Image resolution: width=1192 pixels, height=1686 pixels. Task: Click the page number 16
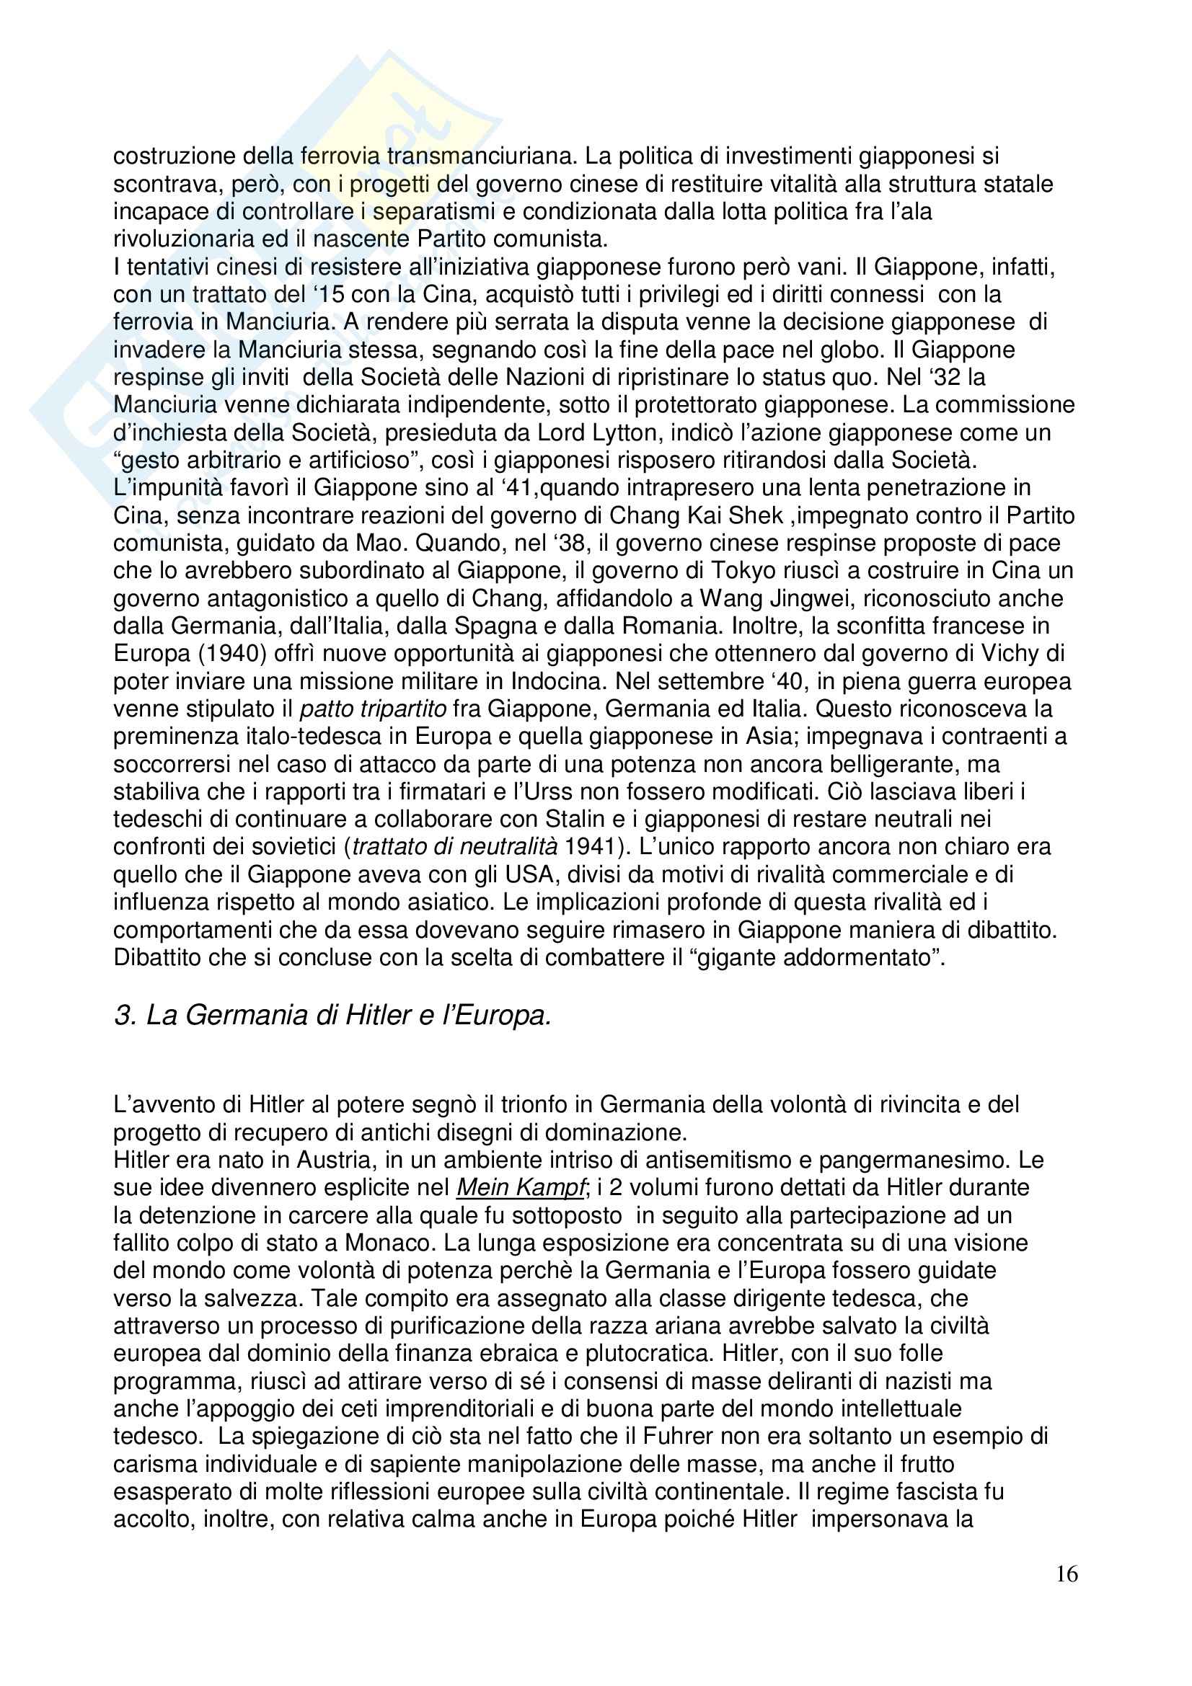click(1067, 1595)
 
